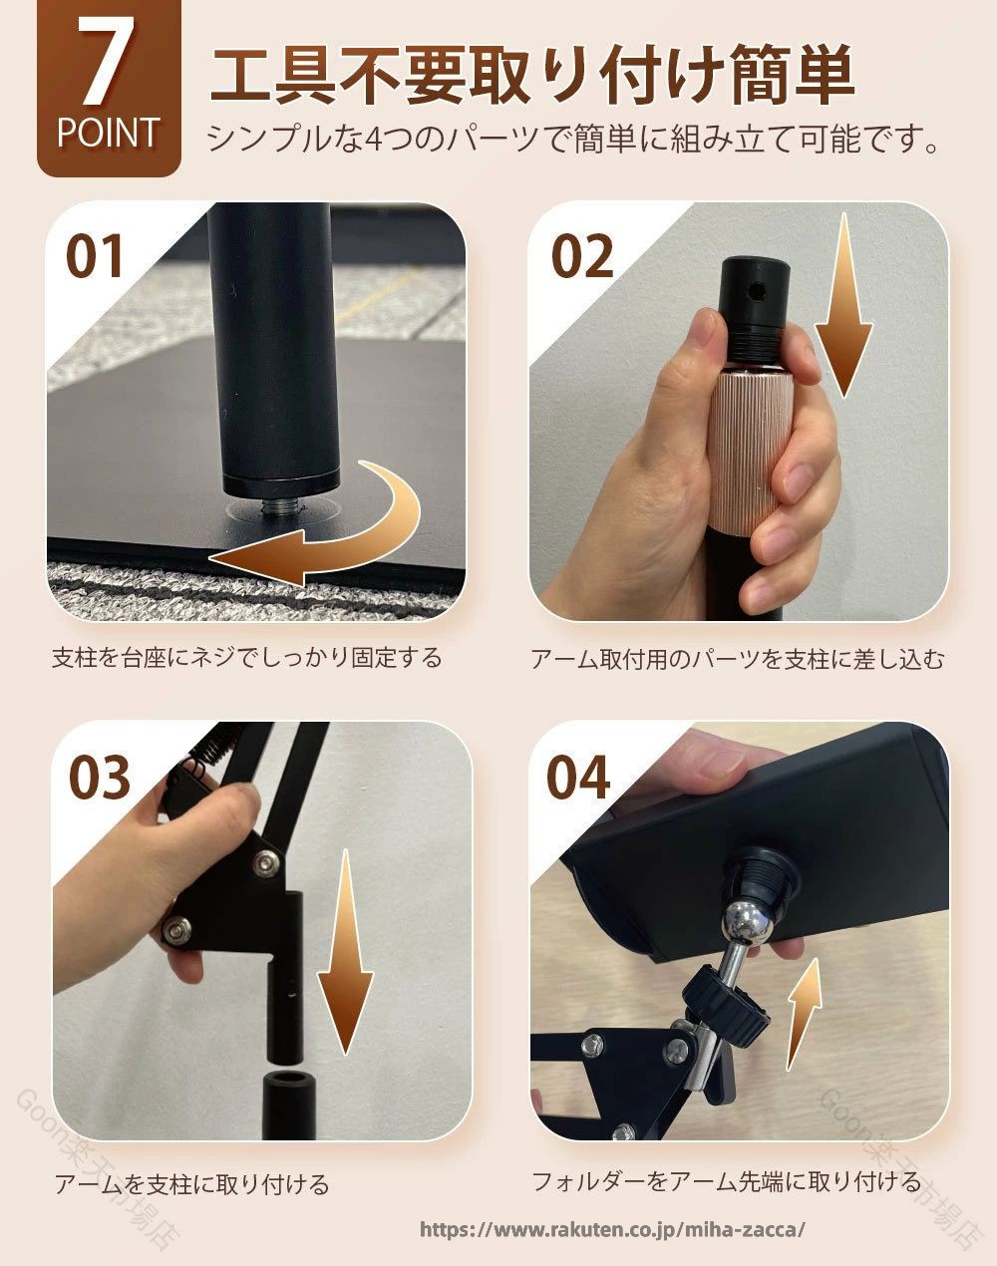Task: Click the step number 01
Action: [94, 256]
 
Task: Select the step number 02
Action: [582, 256]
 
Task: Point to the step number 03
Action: [100, 778]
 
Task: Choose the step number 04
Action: [578, 778]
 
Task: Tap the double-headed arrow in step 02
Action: [843, 305]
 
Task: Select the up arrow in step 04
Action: [804, 1013]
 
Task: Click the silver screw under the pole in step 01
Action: [280, 505]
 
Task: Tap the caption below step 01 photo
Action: [247, 658]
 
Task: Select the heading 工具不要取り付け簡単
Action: [532, 76]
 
